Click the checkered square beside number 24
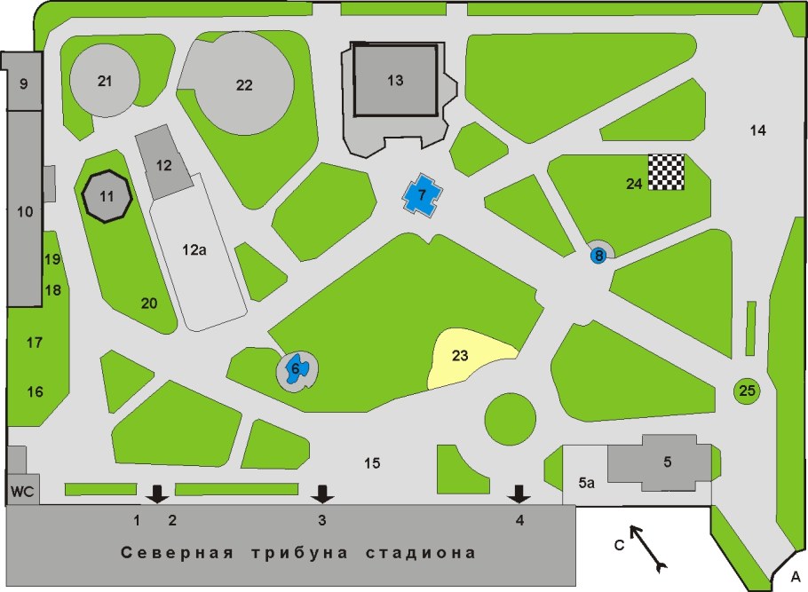tap(666, 171)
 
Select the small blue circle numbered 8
tap(599, 256)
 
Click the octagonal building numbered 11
tap(107, 196)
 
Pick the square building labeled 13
tap(395, 80)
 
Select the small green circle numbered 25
tap(747, 390)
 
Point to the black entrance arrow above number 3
tap(322, 493)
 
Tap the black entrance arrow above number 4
tap(519, 493)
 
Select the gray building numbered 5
tap(667, 462)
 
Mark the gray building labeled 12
tap(162, 164)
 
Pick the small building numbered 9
tap(23, 84)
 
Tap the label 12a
tap(194, 251)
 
